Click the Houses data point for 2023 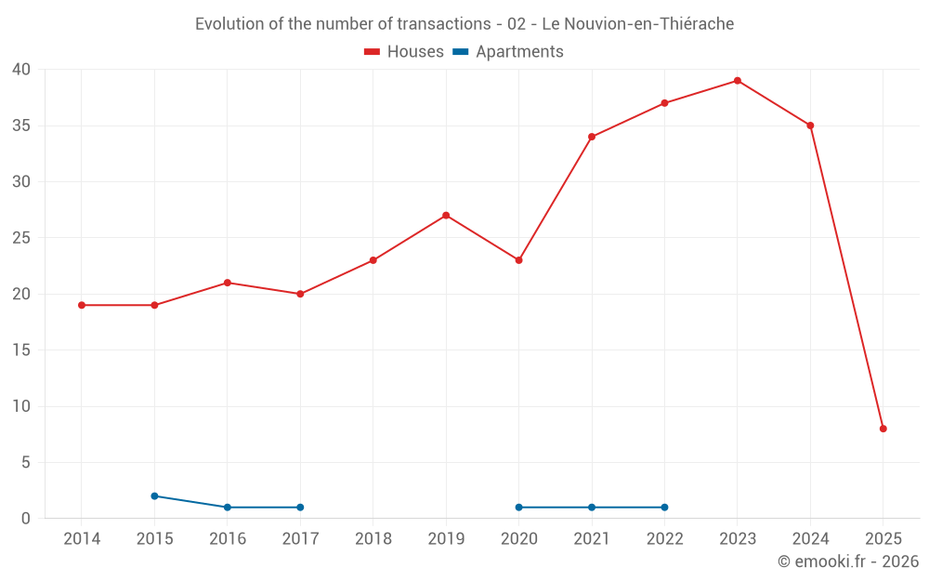pyautogui.click(x=738, y=81)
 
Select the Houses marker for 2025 pyautogui.click(x=883, y=429)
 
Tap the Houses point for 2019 pyautogui.click(x=446, y=216)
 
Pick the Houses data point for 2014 pyautogui.click(x=82, y=305)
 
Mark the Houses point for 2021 pyautogui.click(x=592, y=137)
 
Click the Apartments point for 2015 pyautogui.click(x=154, y=496)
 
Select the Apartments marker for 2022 pyautogui.click(x=664, y=508)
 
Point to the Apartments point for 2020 pyautogui.click(x=518, y=508)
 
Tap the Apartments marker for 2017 pyautogui.click(x=300, y=508)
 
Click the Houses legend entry pyautogui.click(x=404, y=52)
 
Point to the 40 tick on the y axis pyautogui.click(x=21, y=70)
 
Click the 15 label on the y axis pyautogui.click(x=21, y=350)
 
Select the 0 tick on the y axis pyautogui.click(x=26, y=519)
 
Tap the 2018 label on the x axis pyautogui.click(x=373, y=539)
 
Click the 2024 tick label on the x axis pyautogui.click(x=810, y=539)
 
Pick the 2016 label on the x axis pyautogui.click(x=228, y=539)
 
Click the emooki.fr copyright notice pyautogui.click(x=848, y=561)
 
